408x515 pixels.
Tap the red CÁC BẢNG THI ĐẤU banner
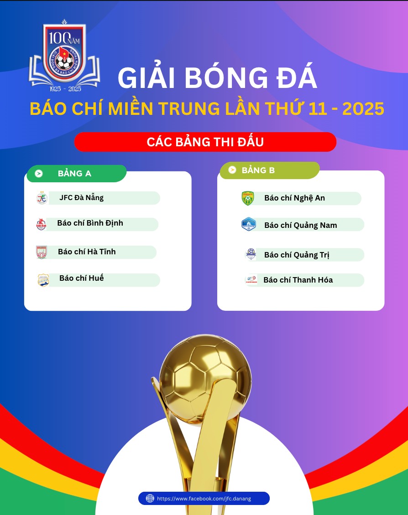[x=205, y=142]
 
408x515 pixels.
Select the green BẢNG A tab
[x=77, y=174]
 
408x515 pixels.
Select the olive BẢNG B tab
[x=270, y=170]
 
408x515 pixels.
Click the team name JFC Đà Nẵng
[x=82, y=198]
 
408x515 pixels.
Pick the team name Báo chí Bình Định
[x=90, y=223]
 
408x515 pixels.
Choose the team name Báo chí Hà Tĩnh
[x=87, y=252]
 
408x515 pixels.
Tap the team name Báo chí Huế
[x=82, y=278]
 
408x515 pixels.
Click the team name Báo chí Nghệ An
[x=294, y=198]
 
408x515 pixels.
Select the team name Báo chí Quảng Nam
[x=300, y=225]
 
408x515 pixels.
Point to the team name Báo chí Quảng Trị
[x=297, y=255]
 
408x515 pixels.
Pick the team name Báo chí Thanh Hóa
[x=298, y=280]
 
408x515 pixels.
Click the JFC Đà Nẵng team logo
[x=42, y=198]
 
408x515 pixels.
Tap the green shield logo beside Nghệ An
[x=248, y=198]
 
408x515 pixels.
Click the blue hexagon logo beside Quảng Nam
[x=249, y=224]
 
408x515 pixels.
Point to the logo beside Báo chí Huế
[x=43, y=280]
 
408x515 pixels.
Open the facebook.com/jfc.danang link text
[x=204, y=499]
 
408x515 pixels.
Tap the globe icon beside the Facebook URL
[x=150, y=498]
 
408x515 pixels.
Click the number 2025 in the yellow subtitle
[x=363, y=109]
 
